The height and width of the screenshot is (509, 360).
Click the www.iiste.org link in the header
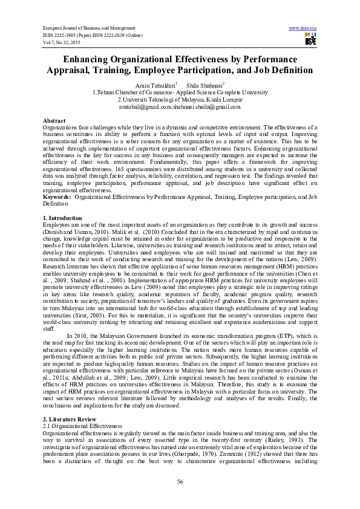tap(303, 28)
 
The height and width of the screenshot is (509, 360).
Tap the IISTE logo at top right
tap(310, 41)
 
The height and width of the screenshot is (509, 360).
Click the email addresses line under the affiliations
tap(180, 106)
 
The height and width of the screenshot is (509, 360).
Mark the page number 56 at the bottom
tap(180, 481)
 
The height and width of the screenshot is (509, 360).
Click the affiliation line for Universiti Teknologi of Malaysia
tap(180, 99)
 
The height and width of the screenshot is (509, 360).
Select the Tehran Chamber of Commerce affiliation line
tap(180, 92)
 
